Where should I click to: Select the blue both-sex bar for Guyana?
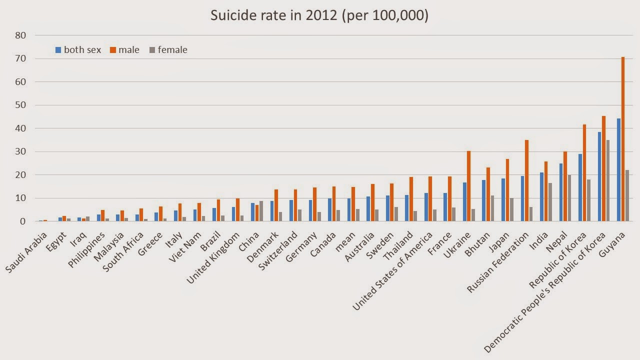click(x=618, y=170)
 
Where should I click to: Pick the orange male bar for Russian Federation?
click(x=527, y=180)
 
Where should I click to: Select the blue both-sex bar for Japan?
click(x=503, y=200)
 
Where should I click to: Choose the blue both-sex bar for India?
click(x=541, y=197)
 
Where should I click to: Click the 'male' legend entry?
click(x=125, y=50)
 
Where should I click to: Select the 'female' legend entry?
click(x=168, y=50)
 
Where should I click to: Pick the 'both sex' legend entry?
click(x=78, y=50)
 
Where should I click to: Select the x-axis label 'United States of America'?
click(x=393, y=270)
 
